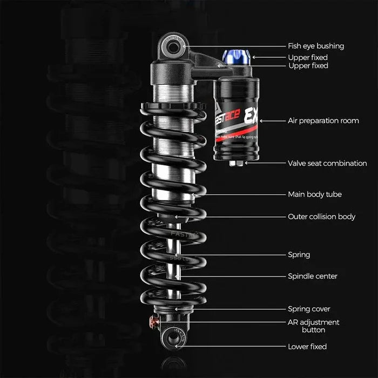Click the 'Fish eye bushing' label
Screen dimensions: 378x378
point(315,46)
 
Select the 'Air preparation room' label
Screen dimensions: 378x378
point(323,120)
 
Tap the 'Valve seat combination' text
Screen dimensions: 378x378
point(327,163)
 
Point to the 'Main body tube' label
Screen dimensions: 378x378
point(314,194)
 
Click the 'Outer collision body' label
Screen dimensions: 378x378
point(321,217)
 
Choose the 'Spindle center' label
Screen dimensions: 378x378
point(312,276)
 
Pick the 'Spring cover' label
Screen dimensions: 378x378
point(309,309)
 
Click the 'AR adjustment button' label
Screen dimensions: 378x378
point(313,326)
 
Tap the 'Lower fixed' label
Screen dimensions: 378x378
point(307,347)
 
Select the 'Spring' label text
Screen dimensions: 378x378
point(299,254)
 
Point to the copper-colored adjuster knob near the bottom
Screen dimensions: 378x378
point(154,322)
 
